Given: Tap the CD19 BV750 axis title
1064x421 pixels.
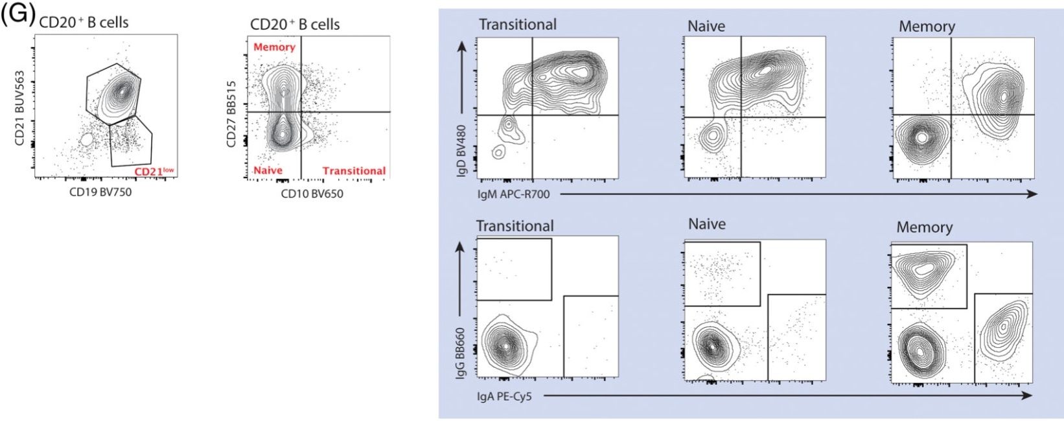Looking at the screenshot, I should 100,192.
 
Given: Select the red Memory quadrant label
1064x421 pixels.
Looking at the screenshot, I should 274,47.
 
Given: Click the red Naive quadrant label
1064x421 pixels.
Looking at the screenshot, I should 268,170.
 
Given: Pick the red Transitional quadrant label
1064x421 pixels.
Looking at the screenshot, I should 354,171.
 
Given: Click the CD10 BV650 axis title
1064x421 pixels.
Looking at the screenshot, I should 312,193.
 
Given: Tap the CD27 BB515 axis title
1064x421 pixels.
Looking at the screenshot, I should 232,114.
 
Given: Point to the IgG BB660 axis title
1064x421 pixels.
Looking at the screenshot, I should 461,354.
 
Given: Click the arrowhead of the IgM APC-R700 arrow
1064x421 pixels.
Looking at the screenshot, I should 1032,194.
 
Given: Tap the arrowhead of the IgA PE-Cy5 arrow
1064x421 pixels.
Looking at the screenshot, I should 1028,395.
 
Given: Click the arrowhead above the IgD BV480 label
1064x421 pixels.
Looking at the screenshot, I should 462,47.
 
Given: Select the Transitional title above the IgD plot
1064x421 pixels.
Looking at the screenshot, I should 517,25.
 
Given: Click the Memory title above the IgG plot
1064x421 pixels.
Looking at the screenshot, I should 924,227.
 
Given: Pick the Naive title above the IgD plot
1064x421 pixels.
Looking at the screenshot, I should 706,26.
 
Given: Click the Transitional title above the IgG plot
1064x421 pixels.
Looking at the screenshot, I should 515,226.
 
